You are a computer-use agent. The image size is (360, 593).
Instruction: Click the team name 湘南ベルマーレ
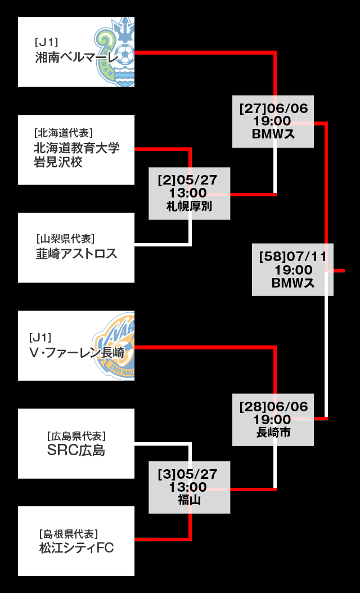point(77,57)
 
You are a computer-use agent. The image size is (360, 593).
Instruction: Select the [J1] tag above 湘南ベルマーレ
point(47,42)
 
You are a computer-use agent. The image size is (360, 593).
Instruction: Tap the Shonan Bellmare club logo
point(116,52)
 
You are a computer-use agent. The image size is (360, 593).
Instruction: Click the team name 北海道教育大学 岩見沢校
point(76,155)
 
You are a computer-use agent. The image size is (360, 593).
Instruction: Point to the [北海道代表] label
point(63,133)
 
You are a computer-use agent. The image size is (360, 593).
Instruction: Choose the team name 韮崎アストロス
point(76,254)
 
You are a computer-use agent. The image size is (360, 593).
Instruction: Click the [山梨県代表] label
point(65,238)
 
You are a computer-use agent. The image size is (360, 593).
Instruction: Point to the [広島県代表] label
point(76,435)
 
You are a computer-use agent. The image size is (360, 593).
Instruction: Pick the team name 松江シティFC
point(76,547)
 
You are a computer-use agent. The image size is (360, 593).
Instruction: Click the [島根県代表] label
point(68,533)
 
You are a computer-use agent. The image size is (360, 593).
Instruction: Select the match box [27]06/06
point(273,122)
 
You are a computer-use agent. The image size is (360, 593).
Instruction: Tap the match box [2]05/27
point(189,193)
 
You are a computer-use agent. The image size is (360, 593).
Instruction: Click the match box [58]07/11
point(292,269)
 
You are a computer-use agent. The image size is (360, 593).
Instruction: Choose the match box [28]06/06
point(273,420)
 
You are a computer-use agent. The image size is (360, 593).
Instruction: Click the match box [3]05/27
point(189,487)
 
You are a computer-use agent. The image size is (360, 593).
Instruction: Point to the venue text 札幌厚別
point(189,206)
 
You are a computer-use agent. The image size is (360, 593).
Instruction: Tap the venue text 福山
point(189,500)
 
